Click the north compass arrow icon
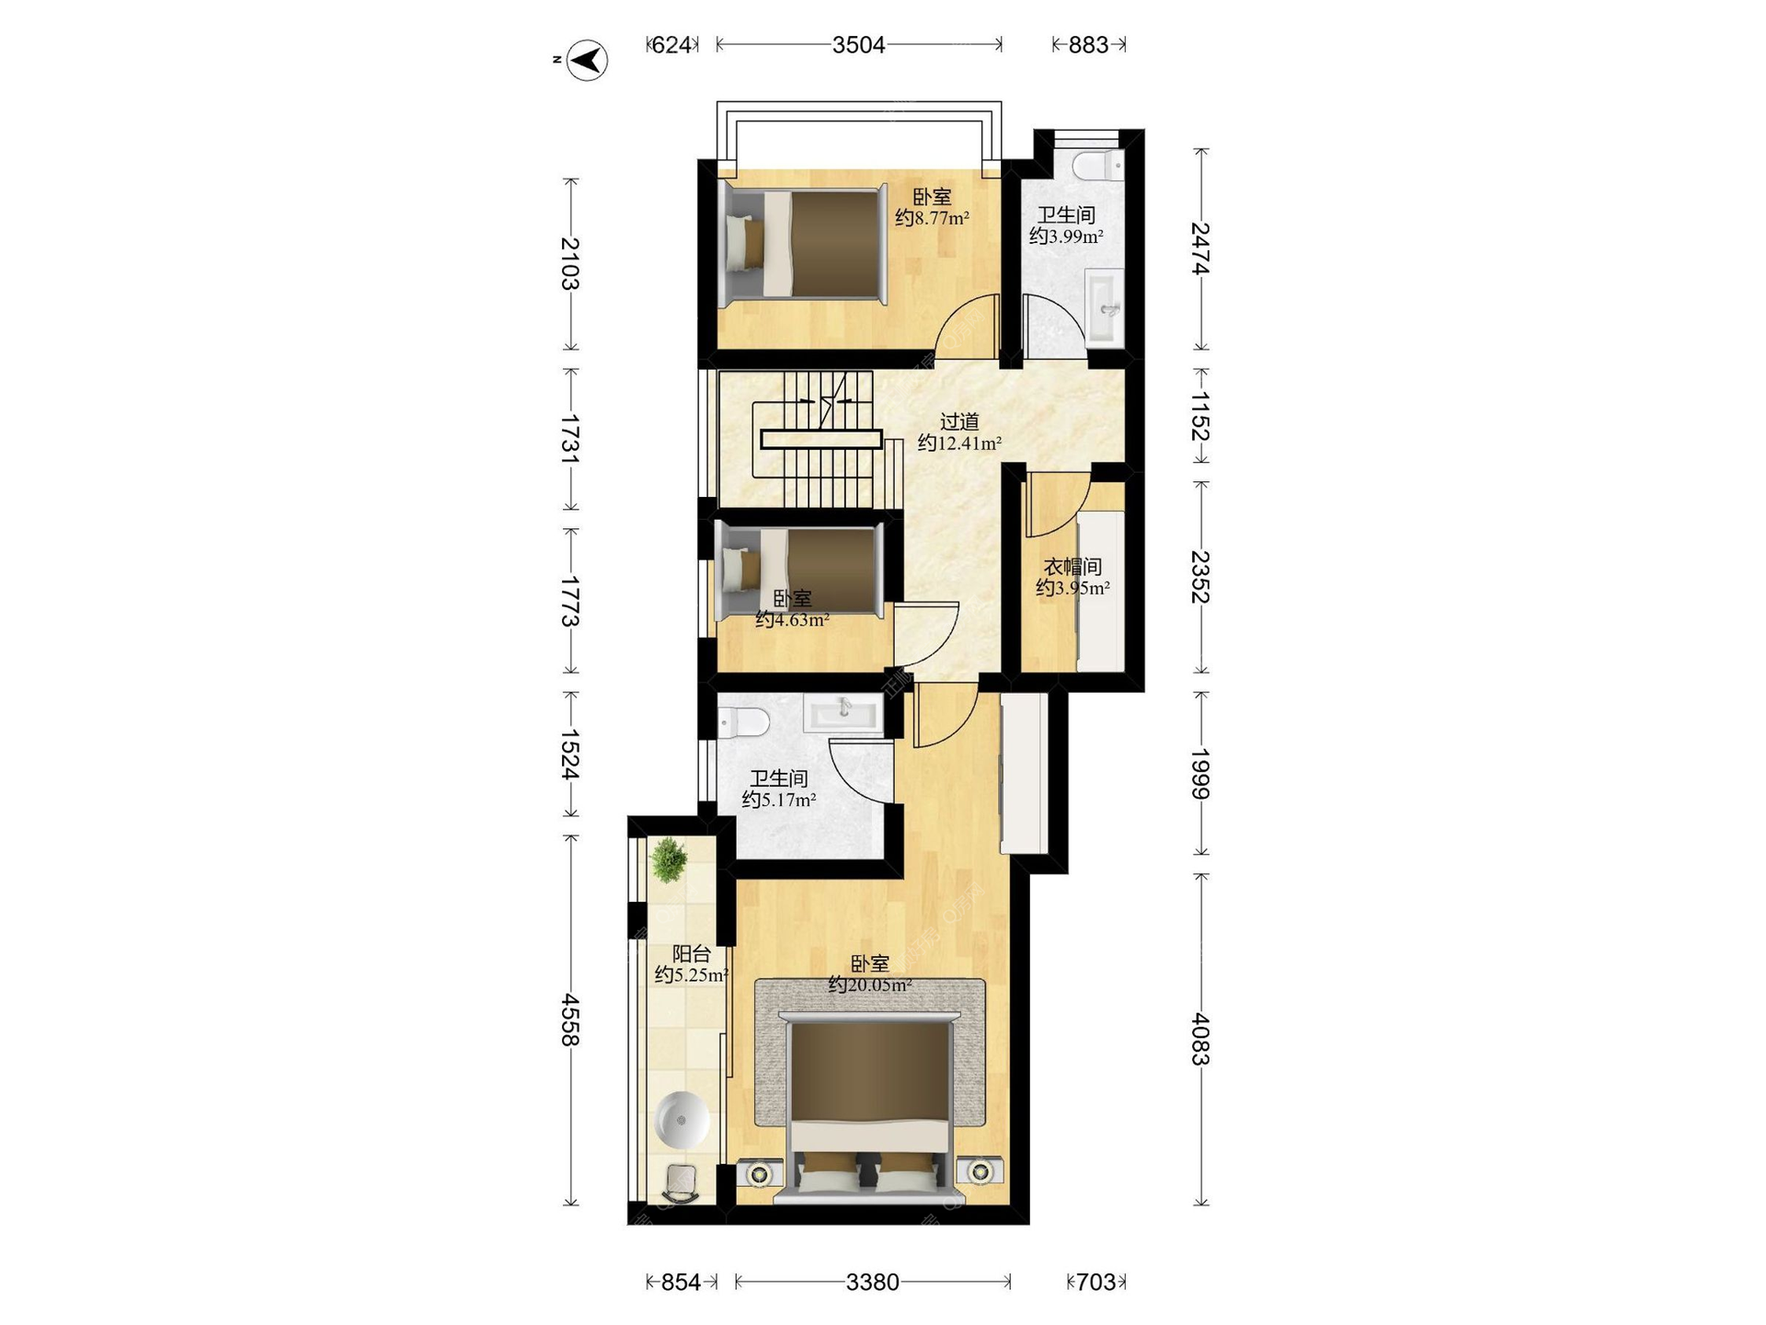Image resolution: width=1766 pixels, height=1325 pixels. (587, 61)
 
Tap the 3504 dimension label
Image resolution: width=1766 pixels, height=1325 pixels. (858, 44)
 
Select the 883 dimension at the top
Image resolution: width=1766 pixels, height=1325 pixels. (1088, 44)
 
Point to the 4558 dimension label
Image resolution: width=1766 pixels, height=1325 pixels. (570, 1019)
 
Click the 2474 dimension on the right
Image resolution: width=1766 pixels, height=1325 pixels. (1200, 248)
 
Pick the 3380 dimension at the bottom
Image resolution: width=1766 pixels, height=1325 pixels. (872, 1282)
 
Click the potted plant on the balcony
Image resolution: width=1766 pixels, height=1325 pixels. (669, 860)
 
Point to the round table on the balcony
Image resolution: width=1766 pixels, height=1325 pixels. (682, 1119)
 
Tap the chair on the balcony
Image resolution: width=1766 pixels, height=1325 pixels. (681, 1183)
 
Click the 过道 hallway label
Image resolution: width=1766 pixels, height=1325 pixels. (959, 421)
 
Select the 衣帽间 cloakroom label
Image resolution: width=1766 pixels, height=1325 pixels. (1072, 567)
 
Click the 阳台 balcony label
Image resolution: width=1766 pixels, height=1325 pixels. (691, 954)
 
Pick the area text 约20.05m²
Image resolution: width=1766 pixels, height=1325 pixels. (870, 985)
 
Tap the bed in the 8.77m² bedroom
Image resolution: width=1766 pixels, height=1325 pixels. (803, 244)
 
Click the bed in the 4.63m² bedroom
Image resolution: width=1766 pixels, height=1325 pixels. (798, 570)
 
